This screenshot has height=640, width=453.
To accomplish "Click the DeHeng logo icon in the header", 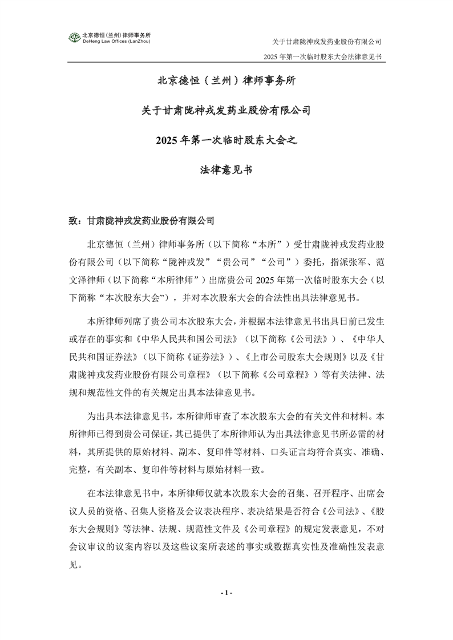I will (x=75, y=38).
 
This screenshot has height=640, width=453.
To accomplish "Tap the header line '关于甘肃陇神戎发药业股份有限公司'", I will (x=326, y=42).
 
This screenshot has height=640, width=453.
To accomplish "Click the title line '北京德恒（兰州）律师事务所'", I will (x=226, y=81).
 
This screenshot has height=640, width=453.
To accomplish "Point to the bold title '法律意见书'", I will (x=226, y=169).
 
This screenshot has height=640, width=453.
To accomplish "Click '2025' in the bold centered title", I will (x=173, y=140).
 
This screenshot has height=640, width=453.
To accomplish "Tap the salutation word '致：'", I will (x=76, y=220).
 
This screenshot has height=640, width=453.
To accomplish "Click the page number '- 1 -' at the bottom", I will (x=226, y=593).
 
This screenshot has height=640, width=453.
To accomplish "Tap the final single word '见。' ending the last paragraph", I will (x=76, y=568).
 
